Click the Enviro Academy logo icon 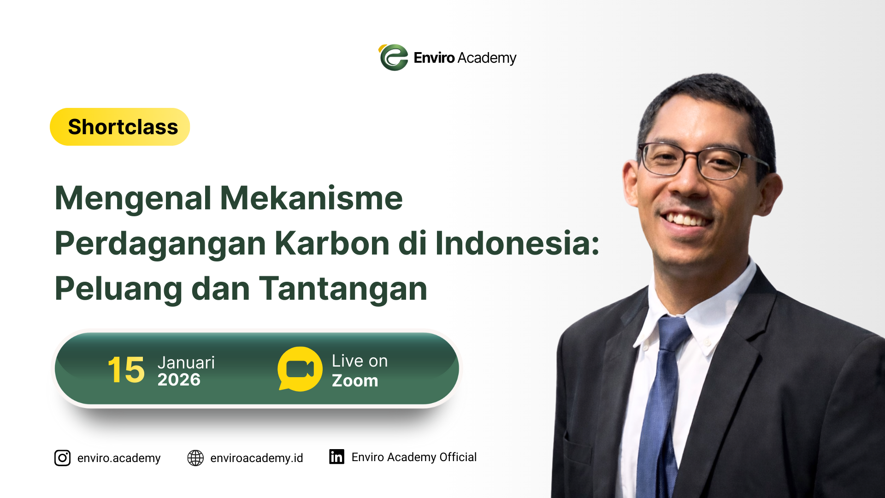394,58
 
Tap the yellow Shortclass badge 120,127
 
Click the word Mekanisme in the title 312,198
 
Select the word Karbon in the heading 332,243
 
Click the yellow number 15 126,370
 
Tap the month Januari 186,362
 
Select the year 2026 179,380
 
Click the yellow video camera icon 300,369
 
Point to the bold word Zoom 355,381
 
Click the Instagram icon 62,458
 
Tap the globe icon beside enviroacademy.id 195,458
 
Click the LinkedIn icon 336,456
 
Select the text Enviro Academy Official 414,457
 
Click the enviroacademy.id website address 257,458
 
